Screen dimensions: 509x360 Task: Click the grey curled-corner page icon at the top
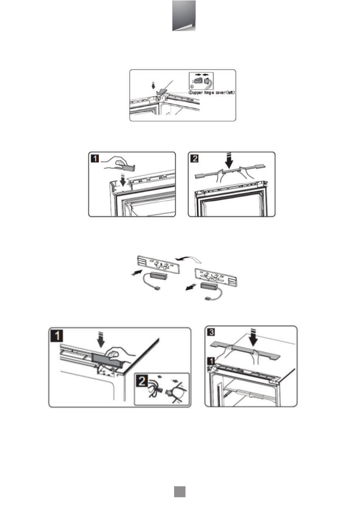point(184,16)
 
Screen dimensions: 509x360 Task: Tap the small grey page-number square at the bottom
point(180,492)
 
